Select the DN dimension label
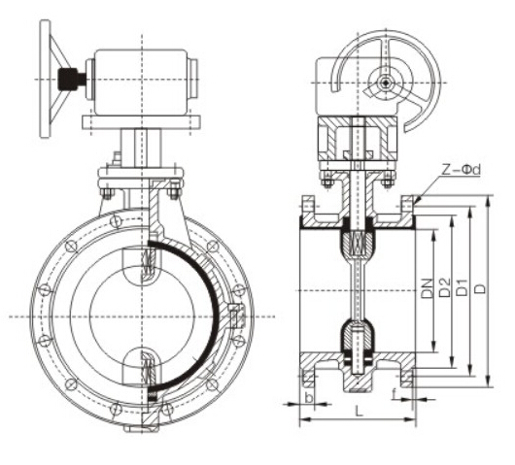[x=429, y=288]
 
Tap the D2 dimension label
[x=444, y=288]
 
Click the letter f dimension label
[x=394, y=394]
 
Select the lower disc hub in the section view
[x=357, y=341]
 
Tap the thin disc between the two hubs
[x=357, y=289]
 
